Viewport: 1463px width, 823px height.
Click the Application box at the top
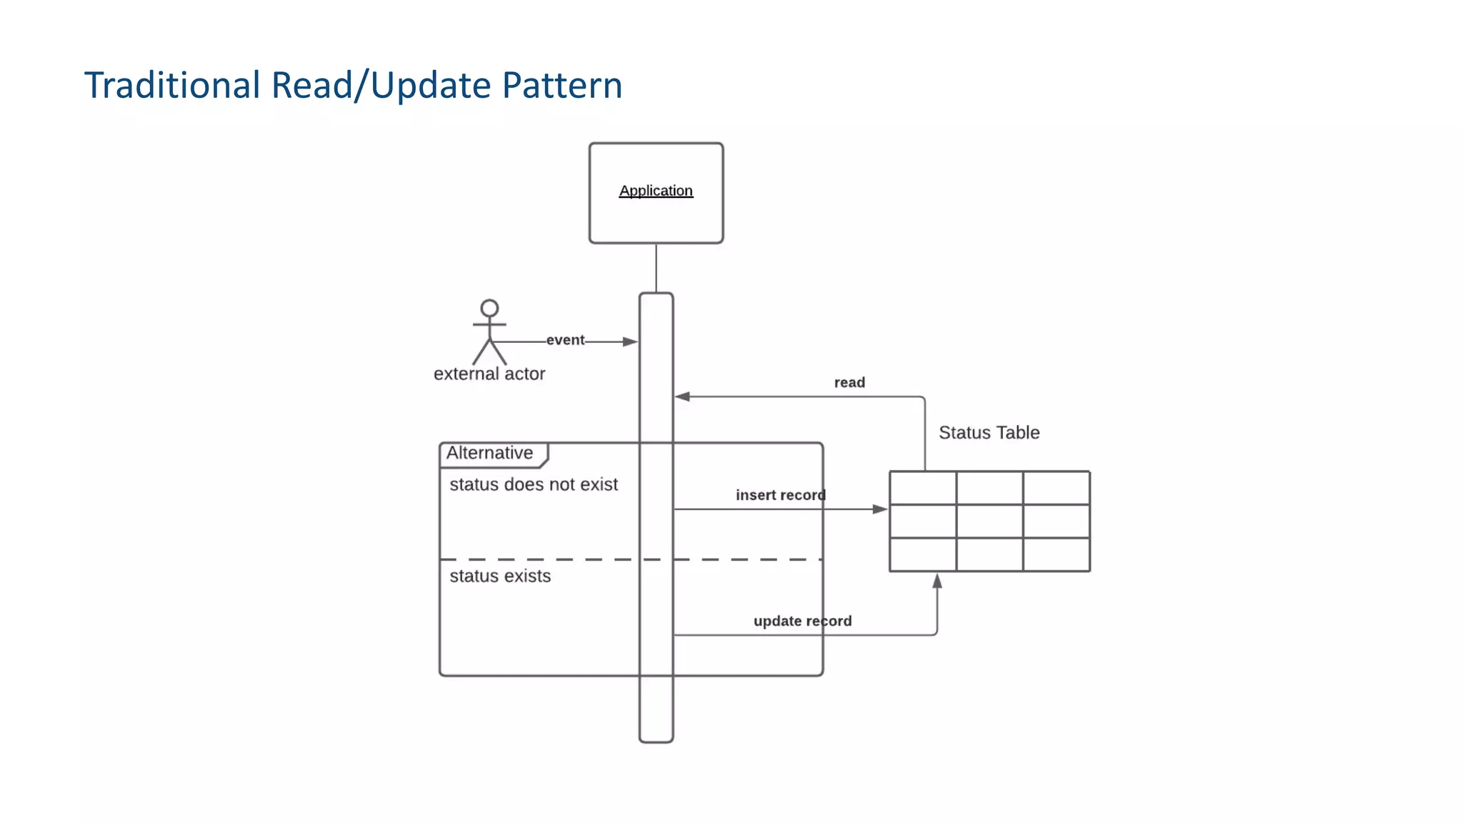coord(656,193)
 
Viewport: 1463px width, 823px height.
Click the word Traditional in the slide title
coord(172,85)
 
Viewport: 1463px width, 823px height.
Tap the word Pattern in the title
coord(561,85)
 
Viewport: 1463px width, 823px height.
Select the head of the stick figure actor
coord(489,309)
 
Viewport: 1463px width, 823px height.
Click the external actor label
coord(489,374)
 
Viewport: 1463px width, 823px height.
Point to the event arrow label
coord(565,340)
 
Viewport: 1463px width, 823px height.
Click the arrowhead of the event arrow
coord(630,342)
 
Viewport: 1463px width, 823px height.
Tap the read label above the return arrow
coord(849,382)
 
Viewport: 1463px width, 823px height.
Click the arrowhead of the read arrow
coord(682,396)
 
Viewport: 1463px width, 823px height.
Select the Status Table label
coord(989,432)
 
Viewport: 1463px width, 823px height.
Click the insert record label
coord(780,495)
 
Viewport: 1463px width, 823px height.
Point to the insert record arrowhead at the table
coord(880,509)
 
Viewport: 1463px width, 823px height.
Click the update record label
coord(802,621)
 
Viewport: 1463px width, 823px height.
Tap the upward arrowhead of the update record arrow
coord(937,582)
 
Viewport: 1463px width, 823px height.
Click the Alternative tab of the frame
coord(490,453)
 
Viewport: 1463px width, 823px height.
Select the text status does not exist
coord(534,484)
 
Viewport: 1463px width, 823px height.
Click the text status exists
coord(500,576)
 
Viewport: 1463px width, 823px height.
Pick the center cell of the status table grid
coord(989,522)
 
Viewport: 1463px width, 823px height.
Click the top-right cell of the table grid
coord(1056,488)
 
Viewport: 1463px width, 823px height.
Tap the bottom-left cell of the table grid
coord(923,554)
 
